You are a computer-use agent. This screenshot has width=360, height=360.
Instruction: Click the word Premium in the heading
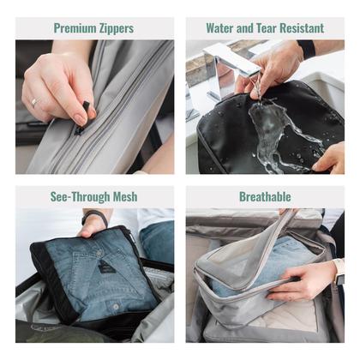(x=75, y=28)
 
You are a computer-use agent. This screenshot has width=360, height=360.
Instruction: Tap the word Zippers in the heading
(x=117, y=28)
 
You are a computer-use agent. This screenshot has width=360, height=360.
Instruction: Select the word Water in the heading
(x=219, y=28)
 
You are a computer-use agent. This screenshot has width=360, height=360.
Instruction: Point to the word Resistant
(x=302, y=28)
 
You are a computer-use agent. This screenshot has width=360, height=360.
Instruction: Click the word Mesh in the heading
(x=125, y=196)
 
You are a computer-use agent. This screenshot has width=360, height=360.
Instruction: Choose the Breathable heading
(x=265, y=196)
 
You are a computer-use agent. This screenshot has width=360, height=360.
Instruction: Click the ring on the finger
(x=35, y=102)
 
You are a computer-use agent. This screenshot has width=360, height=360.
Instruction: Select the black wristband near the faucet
(x=307, y=49)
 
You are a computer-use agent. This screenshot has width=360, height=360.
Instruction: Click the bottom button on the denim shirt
(x=116, y=307)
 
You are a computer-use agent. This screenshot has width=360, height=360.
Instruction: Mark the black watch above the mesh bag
(x=93, y=217)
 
